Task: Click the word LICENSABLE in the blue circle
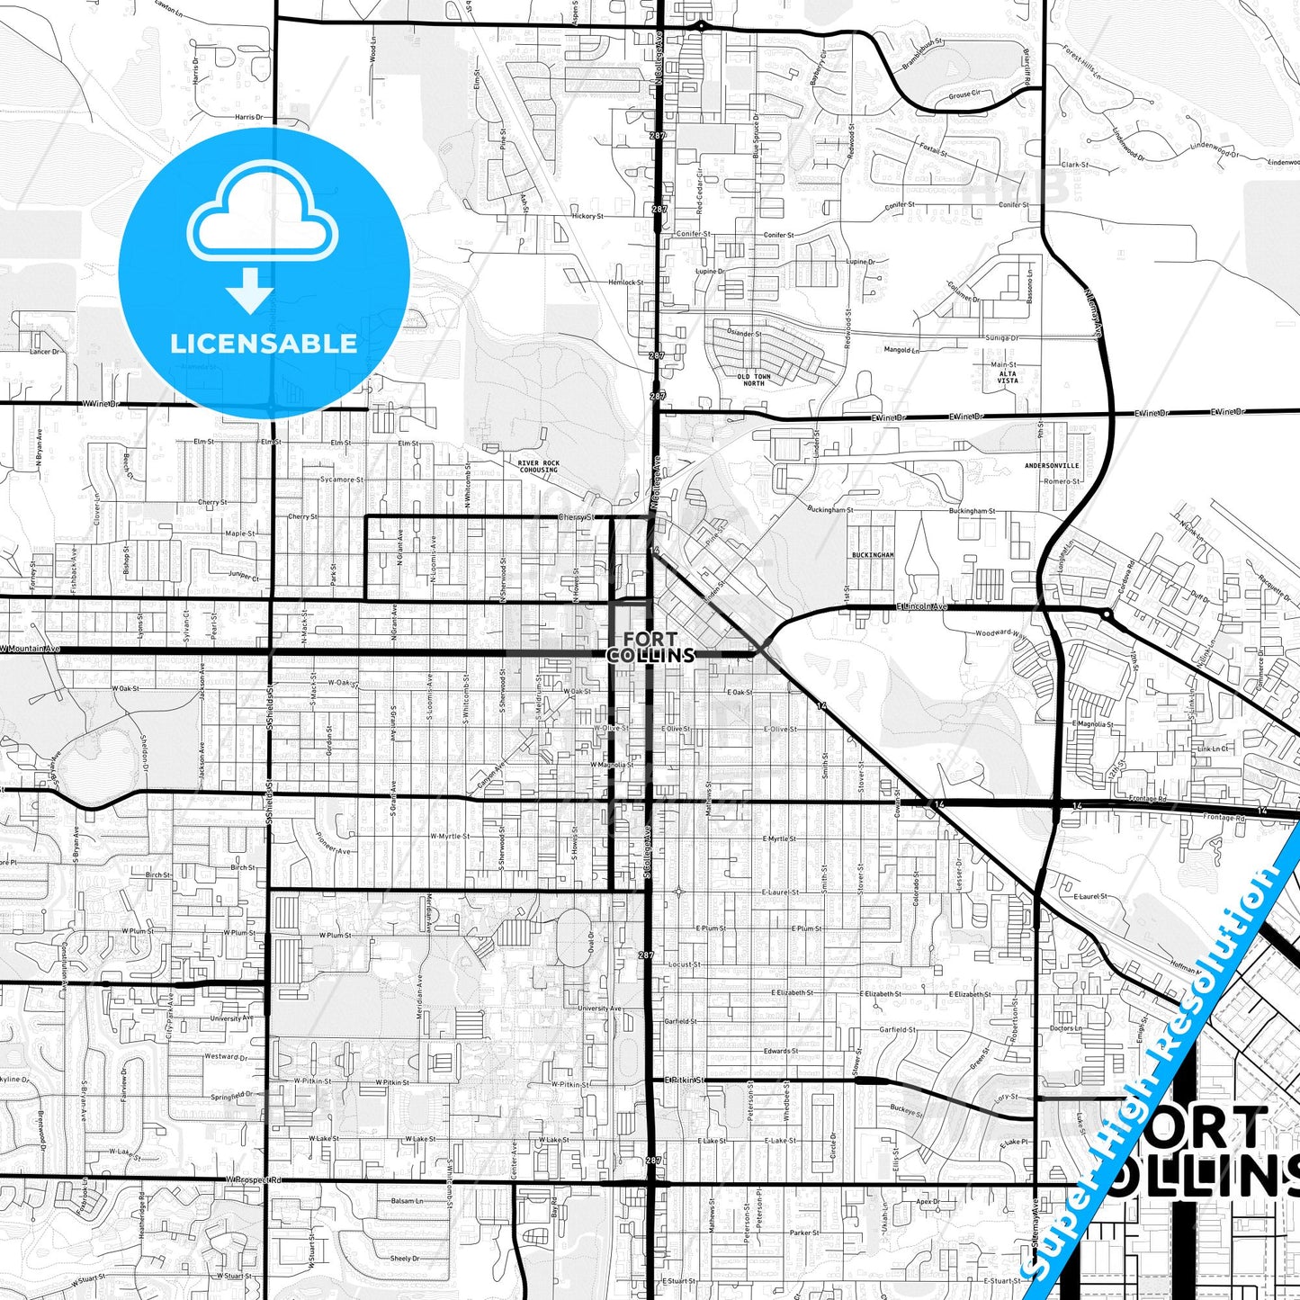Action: tap(264, 344)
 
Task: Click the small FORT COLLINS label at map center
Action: tap(650, 647)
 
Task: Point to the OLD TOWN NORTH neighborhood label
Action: tap(754, 380)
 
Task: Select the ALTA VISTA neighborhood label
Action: tap(1008, 377)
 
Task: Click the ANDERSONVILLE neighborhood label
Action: tap(1052, 466)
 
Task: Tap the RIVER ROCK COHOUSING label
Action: tap(538, 466)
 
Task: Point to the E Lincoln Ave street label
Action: tap(921, 607)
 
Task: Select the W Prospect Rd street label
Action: tap(254, 1179)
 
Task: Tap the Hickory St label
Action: tap(587, 217)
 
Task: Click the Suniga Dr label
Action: tap(1001, 338)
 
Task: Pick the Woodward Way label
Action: tap(1000, 633)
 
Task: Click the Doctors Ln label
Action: tap(1065, 1028)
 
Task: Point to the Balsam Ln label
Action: tap(407, 1201)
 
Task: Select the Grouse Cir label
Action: tap(964, 94)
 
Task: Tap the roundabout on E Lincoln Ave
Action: tap(1106, 615)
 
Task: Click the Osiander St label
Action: tap(744, 333)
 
